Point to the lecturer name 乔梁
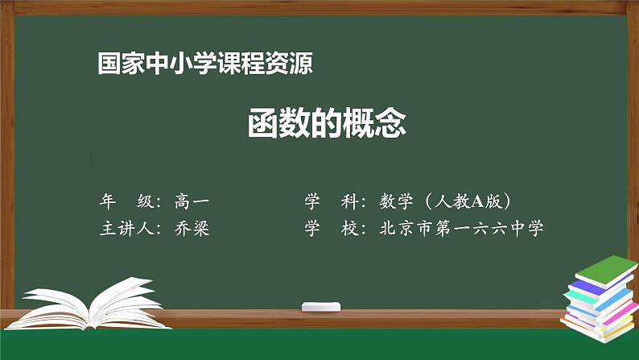click(192, 228)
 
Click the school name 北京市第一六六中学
click(463, 228)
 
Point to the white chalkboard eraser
click(322, 307)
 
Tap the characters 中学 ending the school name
click(526, 228)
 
